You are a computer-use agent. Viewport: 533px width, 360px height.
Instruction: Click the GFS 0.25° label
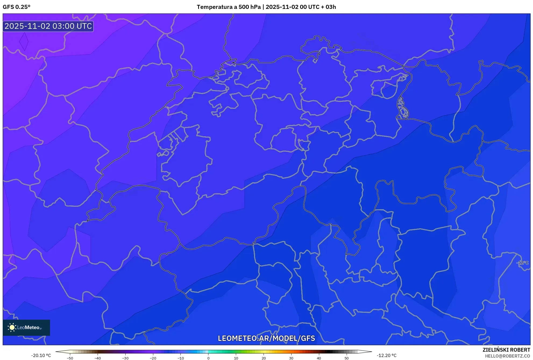(16, 7)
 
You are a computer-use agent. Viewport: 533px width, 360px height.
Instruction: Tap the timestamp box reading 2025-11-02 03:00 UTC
(48, 26)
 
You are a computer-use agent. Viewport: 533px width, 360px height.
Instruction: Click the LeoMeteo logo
(26, 327)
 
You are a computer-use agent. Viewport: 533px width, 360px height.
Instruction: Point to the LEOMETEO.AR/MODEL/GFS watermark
(266, 338)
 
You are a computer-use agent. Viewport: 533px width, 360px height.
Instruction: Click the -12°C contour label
(523, 263)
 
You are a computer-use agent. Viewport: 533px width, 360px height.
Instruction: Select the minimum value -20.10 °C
(41, 355)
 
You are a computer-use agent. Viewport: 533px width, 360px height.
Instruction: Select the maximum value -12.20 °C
(386, 355)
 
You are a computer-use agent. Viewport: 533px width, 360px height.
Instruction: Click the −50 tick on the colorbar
(70, 358)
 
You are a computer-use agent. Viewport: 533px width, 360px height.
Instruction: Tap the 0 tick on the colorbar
(208, 358)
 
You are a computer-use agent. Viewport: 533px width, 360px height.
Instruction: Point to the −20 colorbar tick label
(153, 358)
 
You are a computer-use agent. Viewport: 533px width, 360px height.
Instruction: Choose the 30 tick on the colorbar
(291, 358)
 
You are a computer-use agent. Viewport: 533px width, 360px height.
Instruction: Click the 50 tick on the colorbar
(347, 358)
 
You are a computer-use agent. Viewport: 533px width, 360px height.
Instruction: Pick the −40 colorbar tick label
(98, 358)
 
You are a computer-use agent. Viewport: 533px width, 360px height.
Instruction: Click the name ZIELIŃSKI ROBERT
(506, 350)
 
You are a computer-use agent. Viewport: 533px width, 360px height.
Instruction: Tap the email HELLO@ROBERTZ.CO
(507, 356)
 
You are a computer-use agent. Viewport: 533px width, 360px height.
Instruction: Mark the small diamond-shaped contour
(24, 41)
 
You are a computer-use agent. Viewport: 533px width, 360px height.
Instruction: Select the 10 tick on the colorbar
(236, 358)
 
